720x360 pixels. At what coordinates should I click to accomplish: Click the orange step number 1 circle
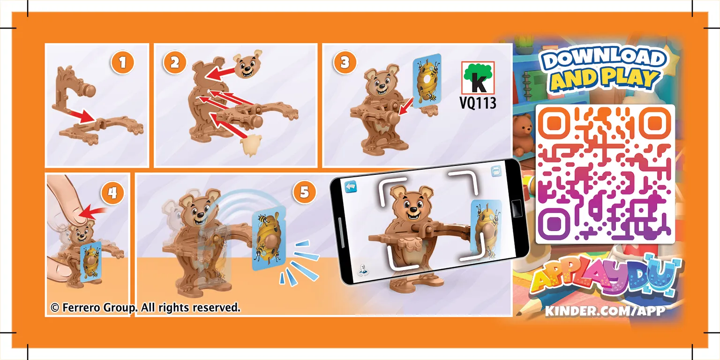122,62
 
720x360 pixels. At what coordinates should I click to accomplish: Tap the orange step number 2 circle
174,62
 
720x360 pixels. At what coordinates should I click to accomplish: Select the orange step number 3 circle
345,62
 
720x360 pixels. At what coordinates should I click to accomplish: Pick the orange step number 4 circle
112,192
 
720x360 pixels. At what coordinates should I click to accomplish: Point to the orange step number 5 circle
304,192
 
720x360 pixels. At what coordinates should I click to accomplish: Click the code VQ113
478,103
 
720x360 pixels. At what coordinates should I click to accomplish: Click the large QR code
605,173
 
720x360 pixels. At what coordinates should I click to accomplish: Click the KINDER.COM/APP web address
605,311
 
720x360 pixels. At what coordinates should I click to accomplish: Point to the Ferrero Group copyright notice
145,307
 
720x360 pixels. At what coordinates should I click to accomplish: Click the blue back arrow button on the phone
351,187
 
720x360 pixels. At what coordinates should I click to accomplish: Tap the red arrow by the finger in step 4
94,214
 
